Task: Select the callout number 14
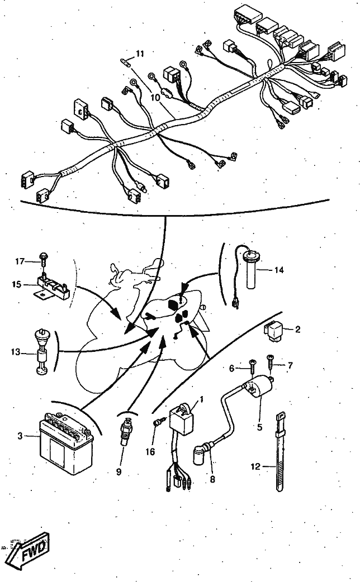click(278, 270)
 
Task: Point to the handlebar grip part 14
click(250, 270)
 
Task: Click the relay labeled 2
click(273, 330)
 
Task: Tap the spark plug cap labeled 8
click(202, 451)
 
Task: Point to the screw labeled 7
click(270, 361)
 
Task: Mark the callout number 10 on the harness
click(155, 97)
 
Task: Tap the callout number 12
click(255, 466)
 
